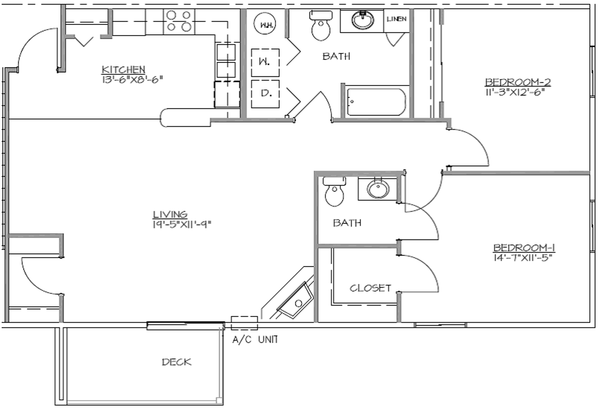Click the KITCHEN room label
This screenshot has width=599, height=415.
123,70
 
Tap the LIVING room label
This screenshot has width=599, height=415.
170,214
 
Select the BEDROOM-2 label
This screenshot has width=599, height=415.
518,82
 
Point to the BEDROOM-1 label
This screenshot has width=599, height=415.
524,248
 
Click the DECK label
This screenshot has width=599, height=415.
176,362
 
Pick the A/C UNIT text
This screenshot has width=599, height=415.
255,340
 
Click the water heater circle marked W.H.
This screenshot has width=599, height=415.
265,25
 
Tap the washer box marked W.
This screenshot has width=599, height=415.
265,62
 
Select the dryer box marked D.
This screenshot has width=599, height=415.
265,93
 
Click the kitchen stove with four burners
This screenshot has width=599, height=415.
179,21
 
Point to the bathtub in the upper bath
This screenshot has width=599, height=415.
376,102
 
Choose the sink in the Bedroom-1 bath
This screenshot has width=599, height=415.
378,189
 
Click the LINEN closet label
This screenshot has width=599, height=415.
397,19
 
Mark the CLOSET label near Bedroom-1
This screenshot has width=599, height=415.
370,288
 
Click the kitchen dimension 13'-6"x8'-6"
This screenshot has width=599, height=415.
133,80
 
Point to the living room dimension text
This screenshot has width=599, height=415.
182,224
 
